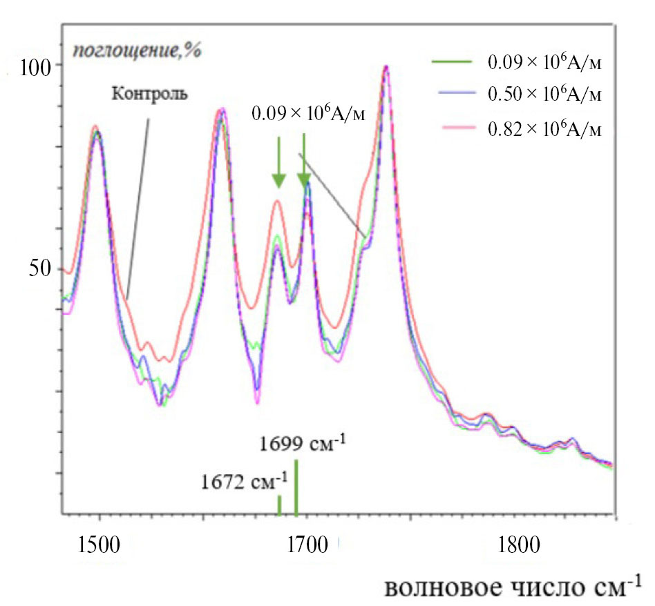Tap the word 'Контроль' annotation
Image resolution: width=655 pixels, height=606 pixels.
(x=149, y=93)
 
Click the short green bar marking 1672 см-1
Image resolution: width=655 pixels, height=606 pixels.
(x=279, y=505)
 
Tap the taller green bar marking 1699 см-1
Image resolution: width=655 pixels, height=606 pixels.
(x=296, y=487)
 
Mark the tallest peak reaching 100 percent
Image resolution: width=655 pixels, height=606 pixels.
(x=386, y=68)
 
